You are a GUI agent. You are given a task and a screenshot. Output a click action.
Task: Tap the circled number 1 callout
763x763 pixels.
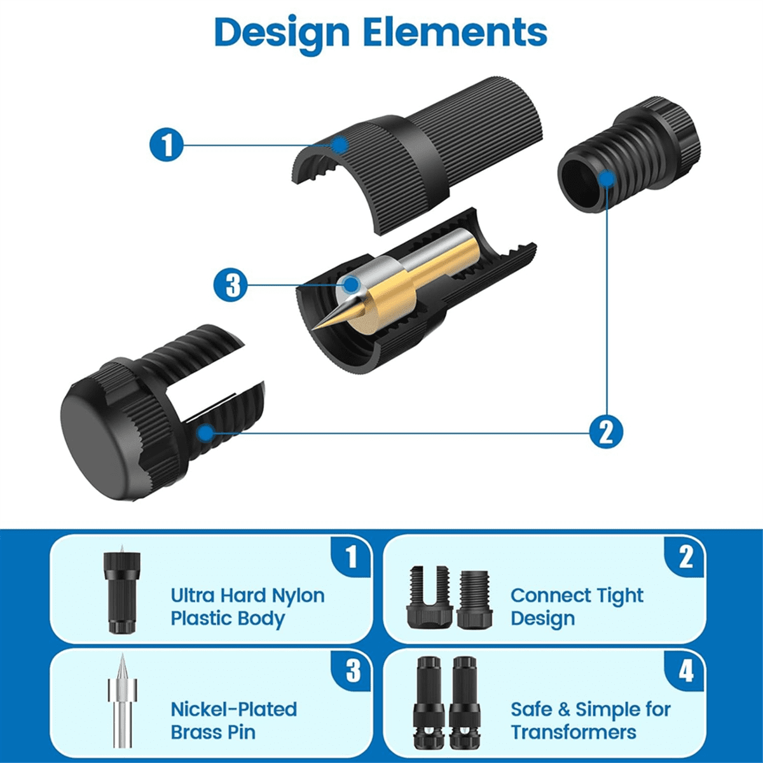click(x=167, y=144)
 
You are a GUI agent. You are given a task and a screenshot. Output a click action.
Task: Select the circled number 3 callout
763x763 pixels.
click(x=230, y=284)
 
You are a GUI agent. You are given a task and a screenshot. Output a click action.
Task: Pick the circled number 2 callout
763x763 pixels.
click(x=605, y=432)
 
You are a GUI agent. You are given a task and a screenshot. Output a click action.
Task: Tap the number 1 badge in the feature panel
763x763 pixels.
click(x=351, y=557)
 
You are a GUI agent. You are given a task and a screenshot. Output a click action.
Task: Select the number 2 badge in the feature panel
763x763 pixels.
click(x=685, y=557)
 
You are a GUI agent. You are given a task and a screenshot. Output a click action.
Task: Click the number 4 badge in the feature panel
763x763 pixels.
click(x=685, y=671)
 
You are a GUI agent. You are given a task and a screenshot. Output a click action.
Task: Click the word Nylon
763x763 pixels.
click(x=298, y=596)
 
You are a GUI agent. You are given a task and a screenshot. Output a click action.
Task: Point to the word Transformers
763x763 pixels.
click(x=574, y=732)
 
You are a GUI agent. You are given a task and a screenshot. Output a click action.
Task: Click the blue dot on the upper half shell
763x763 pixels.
click(x=342, y=144)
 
